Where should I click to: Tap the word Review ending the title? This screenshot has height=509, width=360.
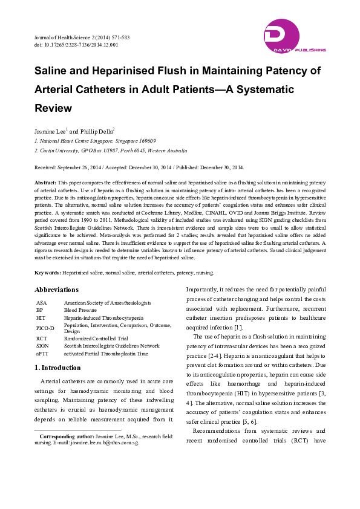click(54, 108)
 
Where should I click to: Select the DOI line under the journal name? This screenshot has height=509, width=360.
click(76, 45)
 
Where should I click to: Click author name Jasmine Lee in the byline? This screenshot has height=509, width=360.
click(50, 130)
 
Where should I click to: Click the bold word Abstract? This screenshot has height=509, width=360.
click(45, 182)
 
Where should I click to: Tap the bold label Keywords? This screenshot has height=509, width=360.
click(48, 273)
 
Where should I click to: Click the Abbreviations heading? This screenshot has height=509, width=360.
click(56, 290)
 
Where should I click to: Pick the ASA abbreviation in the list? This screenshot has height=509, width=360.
click(41, 302)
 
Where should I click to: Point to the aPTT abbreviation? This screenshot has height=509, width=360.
click(42, 353)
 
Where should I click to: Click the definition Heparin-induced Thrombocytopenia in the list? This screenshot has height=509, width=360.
click(103, 317)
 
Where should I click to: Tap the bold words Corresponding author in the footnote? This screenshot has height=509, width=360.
click(65, 436)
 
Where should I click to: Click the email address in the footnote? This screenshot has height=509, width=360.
click(105, 443)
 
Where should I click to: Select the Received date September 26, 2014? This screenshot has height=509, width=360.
click(87, 167)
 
